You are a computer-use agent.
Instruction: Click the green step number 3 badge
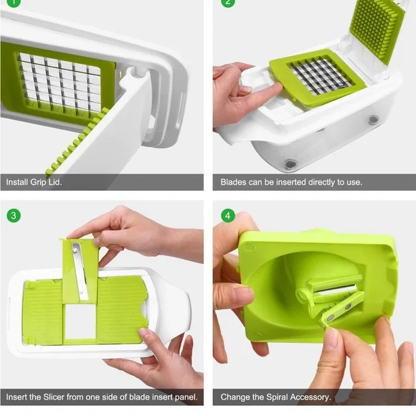(x=14, y=215)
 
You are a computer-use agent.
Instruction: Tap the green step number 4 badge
(x=227, y=215)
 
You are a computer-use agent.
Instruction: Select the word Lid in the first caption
(x=55, y=182)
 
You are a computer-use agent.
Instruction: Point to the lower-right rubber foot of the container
(x=374, y=121)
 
